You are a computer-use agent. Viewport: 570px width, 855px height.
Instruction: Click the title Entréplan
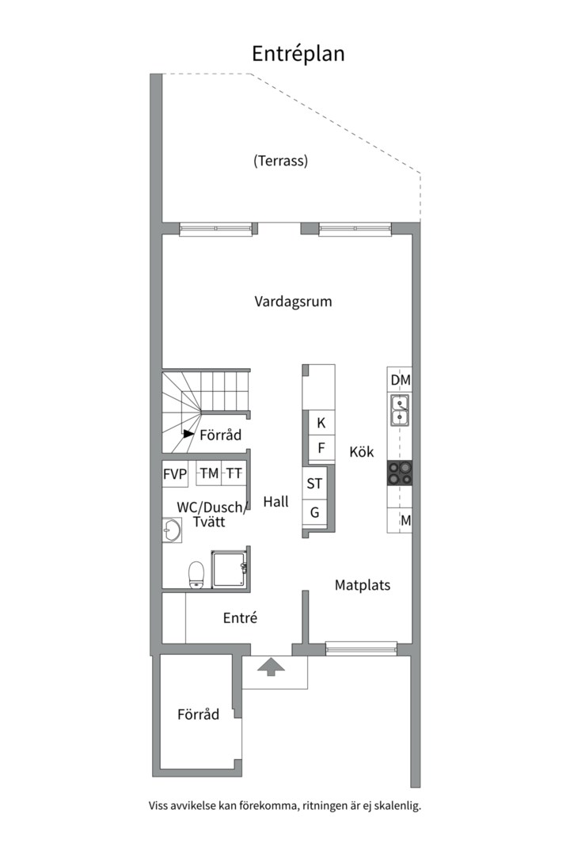(x=298, y=54)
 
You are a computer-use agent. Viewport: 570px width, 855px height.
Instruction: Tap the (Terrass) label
(x=280, y=161)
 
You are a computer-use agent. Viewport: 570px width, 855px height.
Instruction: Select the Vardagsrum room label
(x=293, y=302)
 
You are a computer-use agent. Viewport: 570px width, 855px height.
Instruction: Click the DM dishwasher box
(x=400, y=380)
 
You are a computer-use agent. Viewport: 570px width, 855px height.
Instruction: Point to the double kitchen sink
(x=400, y=409)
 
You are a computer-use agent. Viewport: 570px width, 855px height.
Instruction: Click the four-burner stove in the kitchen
(x=400, y=473)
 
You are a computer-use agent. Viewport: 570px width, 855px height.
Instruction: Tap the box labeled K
(x=321, y=423)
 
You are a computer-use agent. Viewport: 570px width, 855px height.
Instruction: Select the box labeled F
(x=321, y=447)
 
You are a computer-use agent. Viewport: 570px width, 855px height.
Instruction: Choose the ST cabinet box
(x=315, y=483)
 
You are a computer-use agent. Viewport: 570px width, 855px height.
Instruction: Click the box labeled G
(x=315, y=512)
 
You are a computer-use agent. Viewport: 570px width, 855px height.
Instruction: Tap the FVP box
(x=175, y=474)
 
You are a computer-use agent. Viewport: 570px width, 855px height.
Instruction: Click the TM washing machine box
(x=209, y=473)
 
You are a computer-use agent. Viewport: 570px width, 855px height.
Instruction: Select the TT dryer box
(x=234, y=473)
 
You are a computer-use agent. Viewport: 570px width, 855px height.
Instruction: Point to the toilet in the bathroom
(x=196, y=576)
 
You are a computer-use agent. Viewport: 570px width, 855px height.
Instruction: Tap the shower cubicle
(x=230, y=568)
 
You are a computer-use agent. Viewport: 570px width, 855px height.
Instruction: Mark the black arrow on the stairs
(x=188, y=434)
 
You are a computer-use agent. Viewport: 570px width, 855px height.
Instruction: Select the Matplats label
(x=362, y=586)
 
